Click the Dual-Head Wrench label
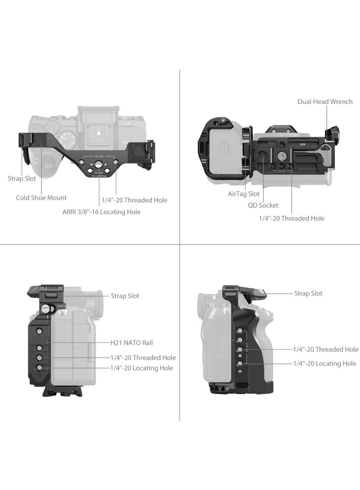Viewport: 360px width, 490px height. click(324, 102)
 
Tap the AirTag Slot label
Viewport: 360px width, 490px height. click(243, 194)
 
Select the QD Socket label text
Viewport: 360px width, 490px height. click(263, 205)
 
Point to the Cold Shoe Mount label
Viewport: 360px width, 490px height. click(41, 198)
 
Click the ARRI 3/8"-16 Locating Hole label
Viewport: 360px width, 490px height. click(101, 212)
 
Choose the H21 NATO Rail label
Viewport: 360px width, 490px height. click(132, 343)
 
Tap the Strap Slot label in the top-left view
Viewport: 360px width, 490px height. click(22, 178)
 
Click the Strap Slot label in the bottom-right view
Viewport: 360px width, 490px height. click(308, 294)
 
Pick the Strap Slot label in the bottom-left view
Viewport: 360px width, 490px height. click(125, 296)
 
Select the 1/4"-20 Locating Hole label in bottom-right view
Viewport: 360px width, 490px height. click(324, 363)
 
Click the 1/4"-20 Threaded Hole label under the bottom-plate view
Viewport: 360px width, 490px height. click(292, 218)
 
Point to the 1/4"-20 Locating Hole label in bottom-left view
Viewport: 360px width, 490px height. click(142, 368)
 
